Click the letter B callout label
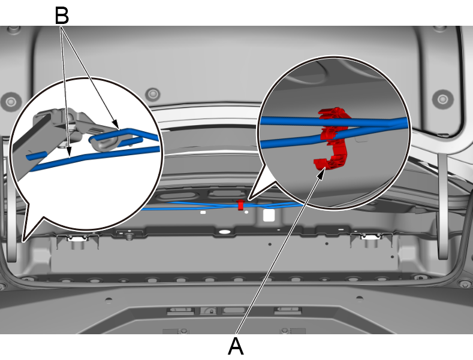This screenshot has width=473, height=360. click(x=61, y=15)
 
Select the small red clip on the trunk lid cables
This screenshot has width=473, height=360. click(x=240, y=205)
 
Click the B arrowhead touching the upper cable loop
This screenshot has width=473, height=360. click(x=118, y=128)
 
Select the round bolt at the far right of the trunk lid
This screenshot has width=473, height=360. click(x=443, y=98)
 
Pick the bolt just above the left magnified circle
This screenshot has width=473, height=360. click(x=153, y=93)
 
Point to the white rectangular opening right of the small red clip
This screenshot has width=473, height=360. click(x=269, y=215)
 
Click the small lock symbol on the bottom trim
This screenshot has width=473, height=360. click(x=209, y=311)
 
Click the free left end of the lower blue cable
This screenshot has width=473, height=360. click(x=30, y=158)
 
